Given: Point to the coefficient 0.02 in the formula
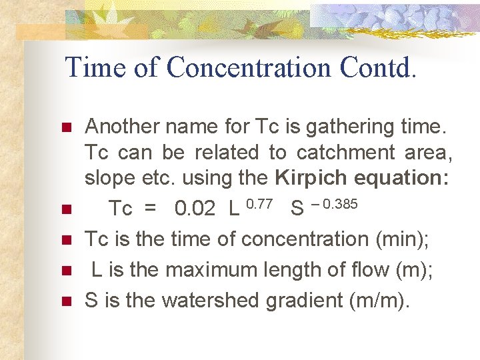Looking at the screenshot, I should pos(195,209).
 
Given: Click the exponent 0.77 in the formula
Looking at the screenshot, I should pos(259,203).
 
